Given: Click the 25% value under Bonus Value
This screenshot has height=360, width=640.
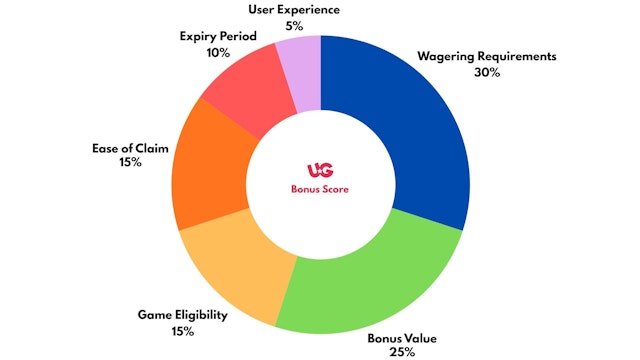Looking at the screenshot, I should coord(395,352).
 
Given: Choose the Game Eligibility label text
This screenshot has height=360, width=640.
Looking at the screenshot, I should coord(183,316).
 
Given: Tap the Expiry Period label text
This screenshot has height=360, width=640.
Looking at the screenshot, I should coord(219,36).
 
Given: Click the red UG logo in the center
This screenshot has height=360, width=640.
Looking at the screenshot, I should coord(320,171).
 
